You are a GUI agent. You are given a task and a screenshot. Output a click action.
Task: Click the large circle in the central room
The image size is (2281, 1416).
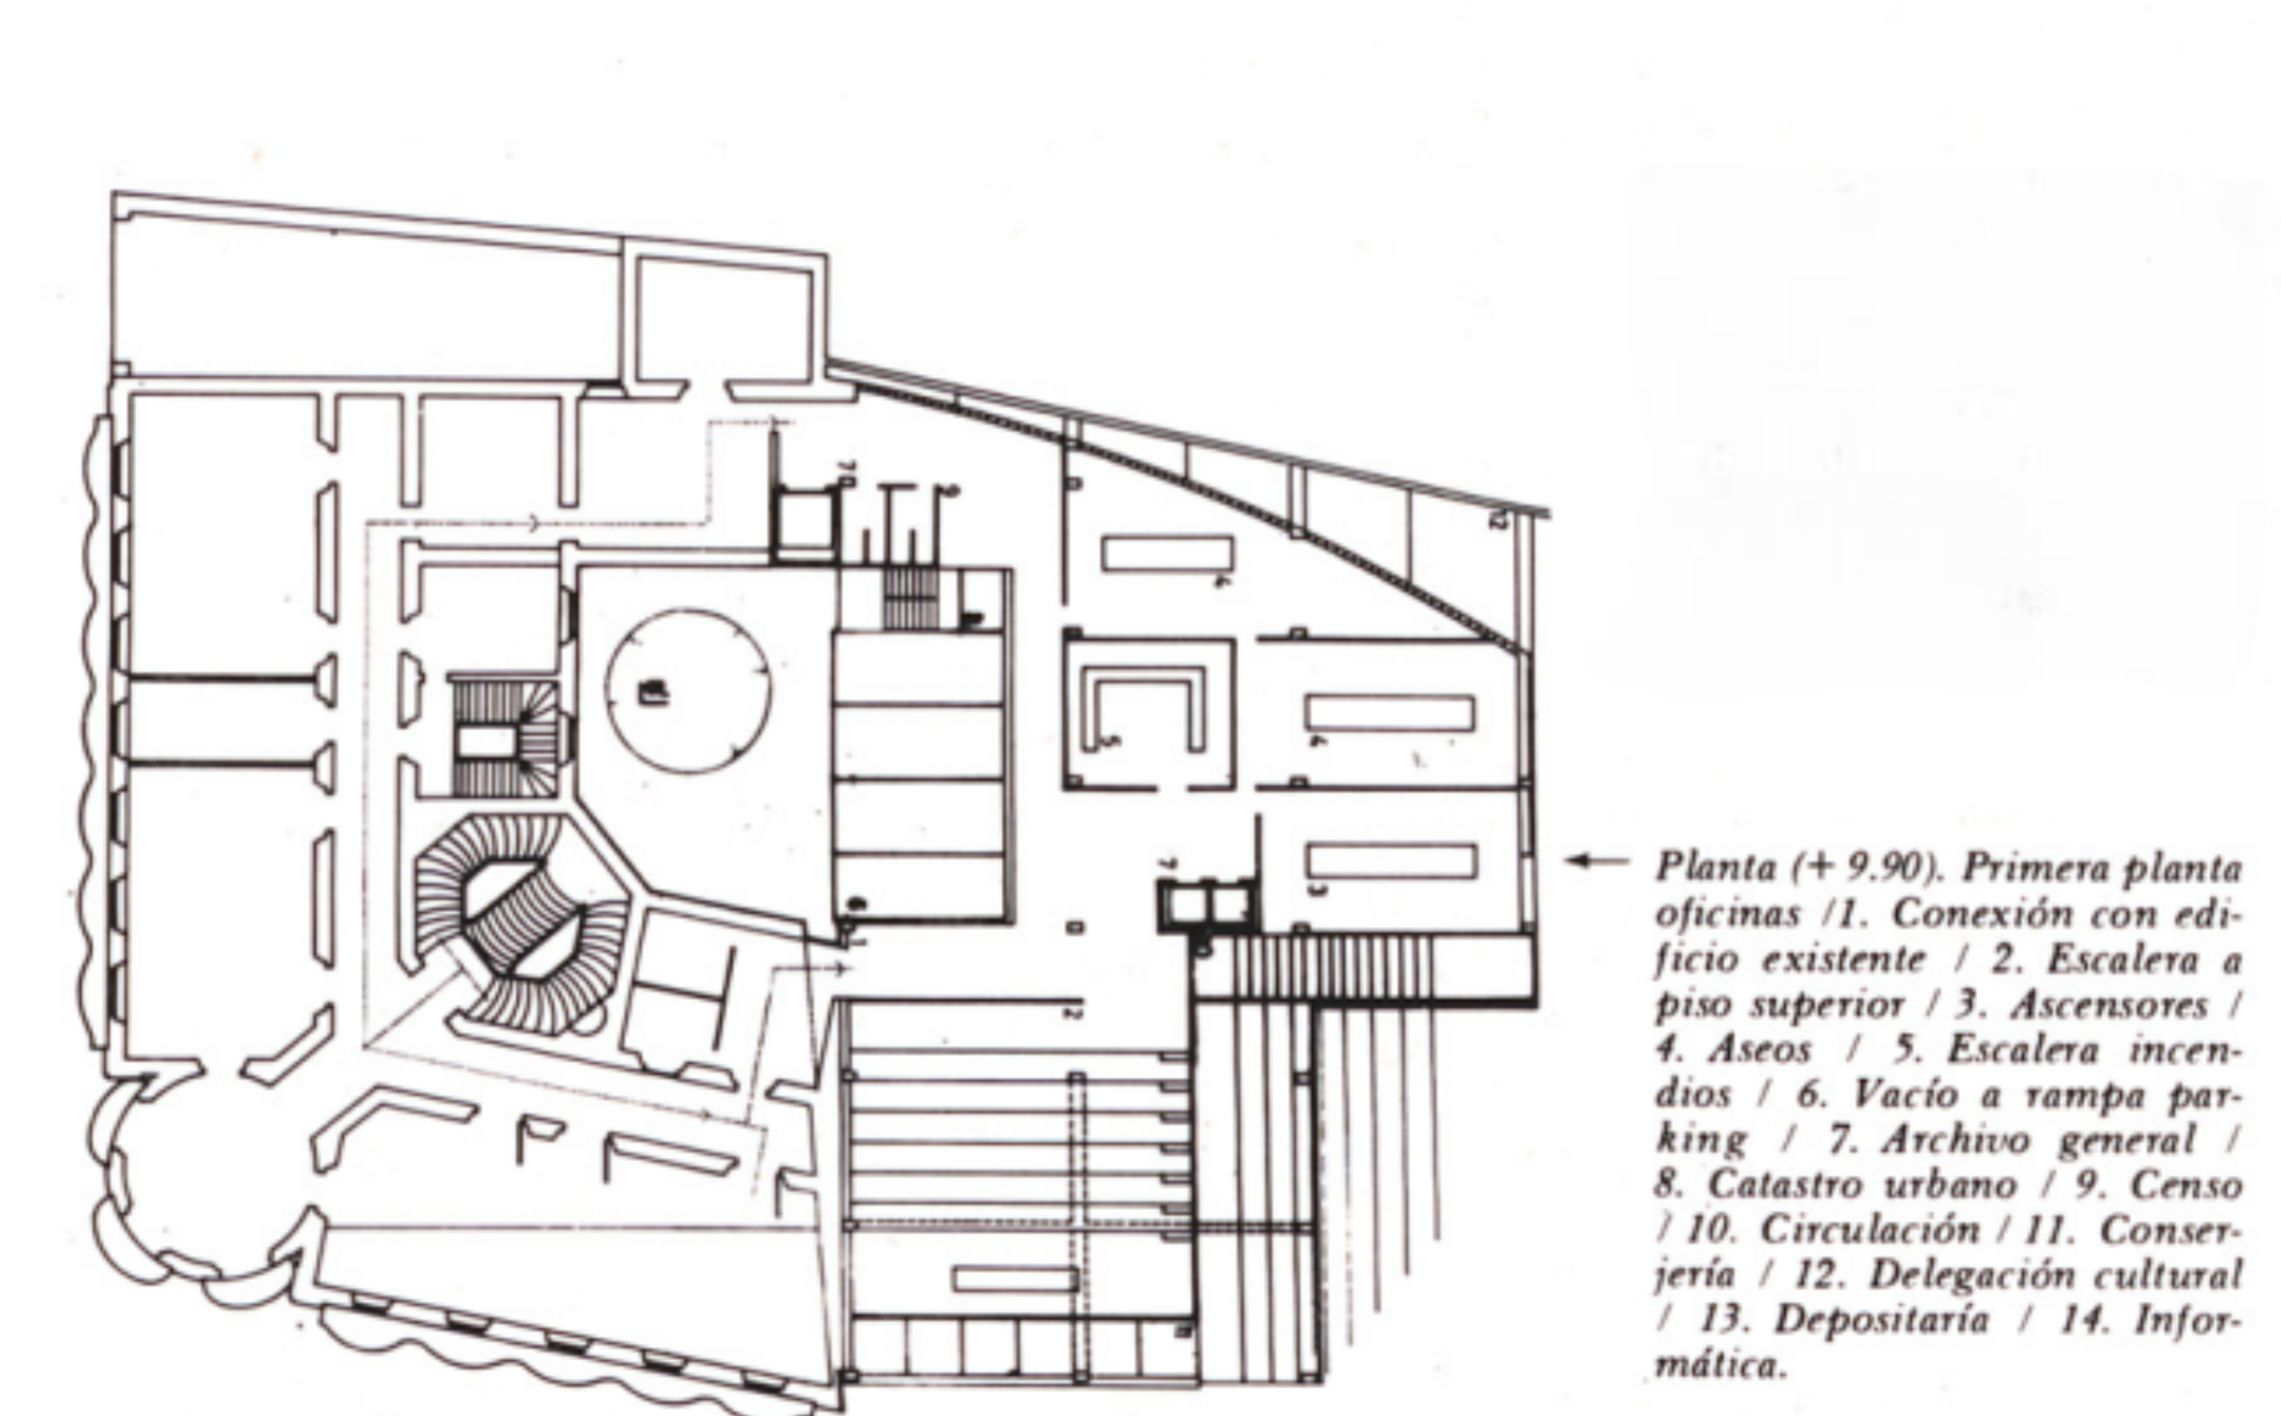coord(688,692)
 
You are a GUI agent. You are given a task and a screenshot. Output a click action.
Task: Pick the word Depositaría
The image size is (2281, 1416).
coord(1881,1320)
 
